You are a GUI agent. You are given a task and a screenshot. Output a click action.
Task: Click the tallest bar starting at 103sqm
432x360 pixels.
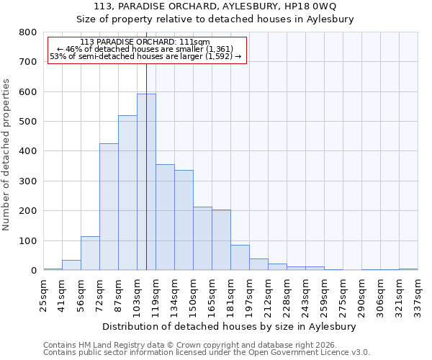pos(146,182)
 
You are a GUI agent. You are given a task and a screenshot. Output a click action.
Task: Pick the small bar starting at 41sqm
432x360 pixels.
pos(71,265)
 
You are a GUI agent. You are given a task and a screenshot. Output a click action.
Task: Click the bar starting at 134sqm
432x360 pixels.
pos(184,220)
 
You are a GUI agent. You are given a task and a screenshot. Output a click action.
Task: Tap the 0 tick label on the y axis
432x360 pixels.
pos(33,271)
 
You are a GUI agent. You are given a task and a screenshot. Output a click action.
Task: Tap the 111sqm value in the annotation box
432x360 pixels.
pos(194,42)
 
